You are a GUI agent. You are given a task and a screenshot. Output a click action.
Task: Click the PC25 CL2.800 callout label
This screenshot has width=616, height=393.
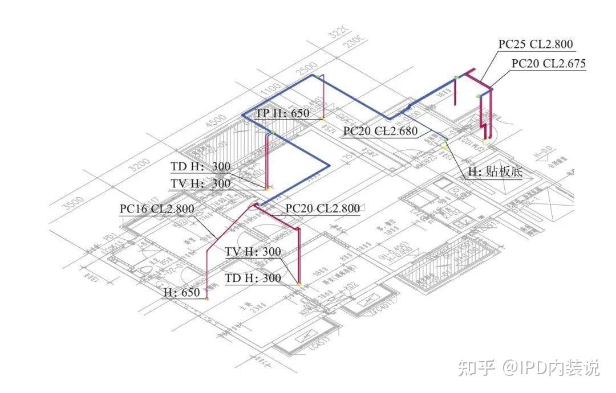pyautogui.click(x=535, y=44)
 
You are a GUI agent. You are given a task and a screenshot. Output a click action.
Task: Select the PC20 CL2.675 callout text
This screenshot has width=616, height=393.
pyautogui.click(x=548, y=63)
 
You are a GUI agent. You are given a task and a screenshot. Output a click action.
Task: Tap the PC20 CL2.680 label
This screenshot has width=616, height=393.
pyautogui.click(x=380, y=132)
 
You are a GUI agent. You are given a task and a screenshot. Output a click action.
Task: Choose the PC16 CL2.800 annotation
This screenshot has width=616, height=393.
pyautogui.click(x=156, y=208)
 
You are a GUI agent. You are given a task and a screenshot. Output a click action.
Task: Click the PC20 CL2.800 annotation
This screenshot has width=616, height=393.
pyautogui.click(x=322, y=208)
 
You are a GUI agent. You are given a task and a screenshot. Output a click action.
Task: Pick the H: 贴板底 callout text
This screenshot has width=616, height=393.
pyautogui.click(x=495, y=171)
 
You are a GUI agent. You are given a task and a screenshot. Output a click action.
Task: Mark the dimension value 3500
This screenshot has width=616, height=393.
pyautogui.click(x=74, y=203)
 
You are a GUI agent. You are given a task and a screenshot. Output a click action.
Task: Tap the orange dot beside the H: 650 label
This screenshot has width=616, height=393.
pyautogui.click(x=207, y=298)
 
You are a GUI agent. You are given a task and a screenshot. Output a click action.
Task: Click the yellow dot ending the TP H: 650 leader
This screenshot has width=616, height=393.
pyautogui.click(x=323, y=118)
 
